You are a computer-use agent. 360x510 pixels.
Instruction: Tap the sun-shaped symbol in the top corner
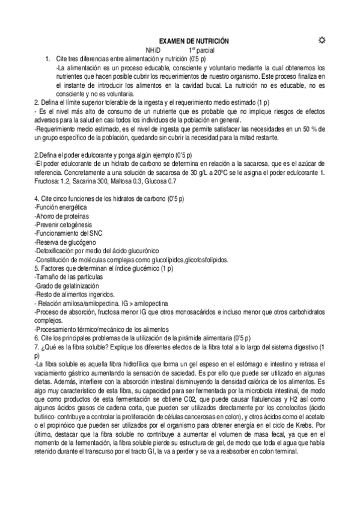pos(321,40)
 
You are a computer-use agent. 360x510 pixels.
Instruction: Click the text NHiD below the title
pos(154,49)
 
